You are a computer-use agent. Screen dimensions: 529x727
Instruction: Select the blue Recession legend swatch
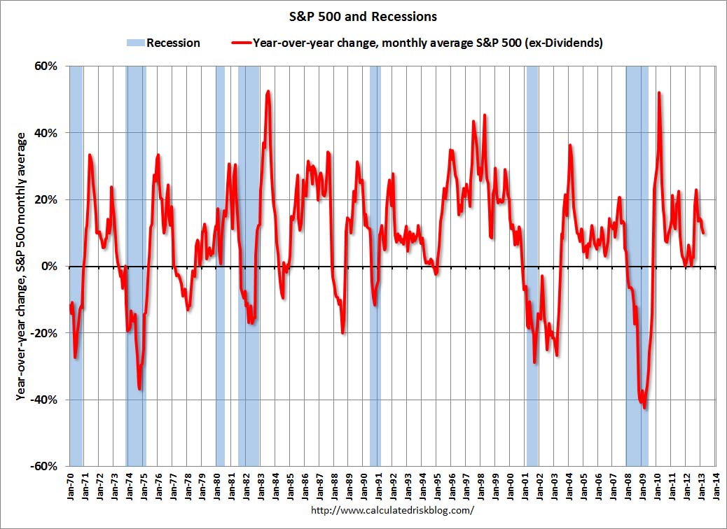point(135,43)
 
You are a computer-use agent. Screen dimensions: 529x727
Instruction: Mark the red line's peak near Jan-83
point(268,91)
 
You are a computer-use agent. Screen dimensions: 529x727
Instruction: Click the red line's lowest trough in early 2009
point(644,407)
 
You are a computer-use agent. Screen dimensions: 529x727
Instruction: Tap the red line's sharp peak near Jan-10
point(659,93)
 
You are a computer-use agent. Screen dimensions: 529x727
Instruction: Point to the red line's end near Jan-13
point(703,233)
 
